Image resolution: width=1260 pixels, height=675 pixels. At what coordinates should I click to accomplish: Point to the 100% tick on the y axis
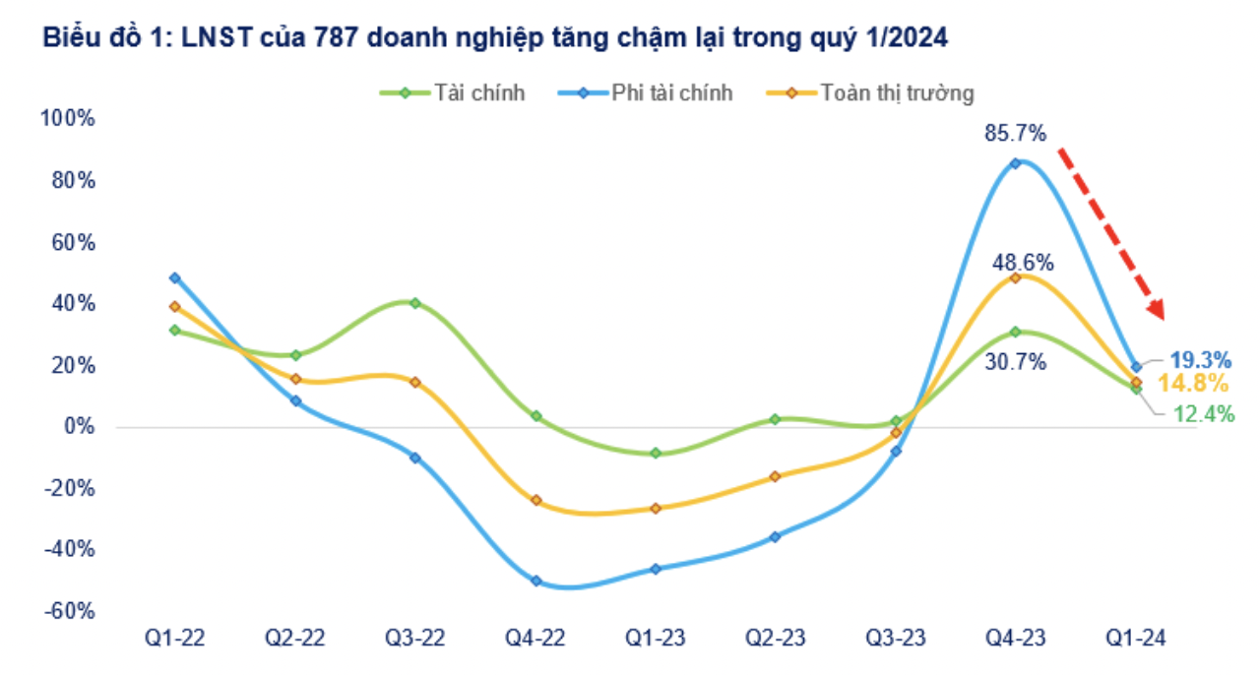pyautogui.click(x=67, y=119)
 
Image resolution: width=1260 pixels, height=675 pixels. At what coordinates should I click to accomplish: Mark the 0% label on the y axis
pyautogui.click(x=79, y=427)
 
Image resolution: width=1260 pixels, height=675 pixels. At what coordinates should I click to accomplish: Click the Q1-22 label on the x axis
pyautogui.click(x=174, y=639)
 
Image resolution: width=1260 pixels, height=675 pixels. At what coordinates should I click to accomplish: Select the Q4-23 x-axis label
pyautogui.click(x=1016, y=639)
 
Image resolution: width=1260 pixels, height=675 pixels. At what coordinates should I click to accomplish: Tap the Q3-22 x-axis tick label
pyautogui.click(x=414, y=639)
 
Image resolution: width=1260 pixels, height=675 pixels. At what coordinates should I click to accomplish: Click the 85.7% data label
pyautogui.click(x=1016, y=133)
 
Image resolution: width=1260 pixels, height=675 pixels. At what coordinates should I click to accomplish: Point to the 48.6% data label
pyautogui.click(x=1023, y=263)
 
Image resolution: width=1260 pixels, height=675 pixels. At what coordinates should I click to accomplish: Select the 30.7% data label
pyautogui.click(x=1015, y=362)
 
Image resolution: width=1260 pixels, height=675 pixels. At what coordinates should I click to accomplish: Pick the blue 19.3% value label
pyautogui.click(x=1201, y=360)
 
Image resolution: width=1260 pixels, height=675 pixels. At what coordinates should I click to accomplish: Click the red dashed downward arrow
pyautogui.click(x=1111, y=233)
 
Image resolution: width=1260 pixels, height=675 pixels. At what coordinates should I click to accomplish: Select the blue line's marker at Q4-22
pyautogui.click(x=535, y=581)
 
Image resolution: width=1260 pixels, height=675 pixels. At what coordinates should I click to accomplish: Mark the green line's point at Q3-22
pyautogui.click(x=414, y=303)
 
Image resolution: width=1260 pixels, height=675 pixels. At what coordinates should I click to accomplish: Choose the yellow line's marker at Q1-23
pyautogui.click(x=655, y=508)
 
